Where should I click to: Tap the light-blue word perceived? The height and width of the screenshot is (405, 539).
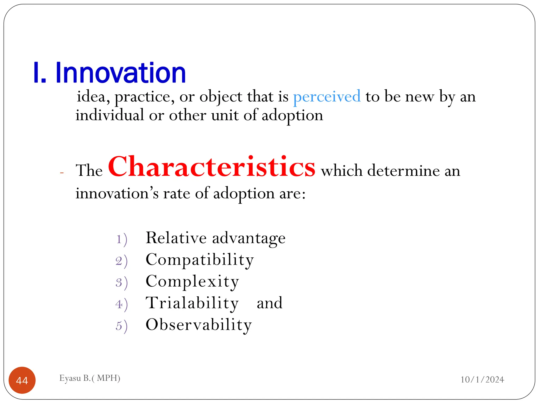pos(327,97)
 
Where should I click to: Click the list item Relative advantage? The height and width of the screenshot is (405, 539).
pos(215,238)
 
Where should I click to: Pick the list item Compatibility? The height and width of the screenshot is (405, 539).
pos(199,260)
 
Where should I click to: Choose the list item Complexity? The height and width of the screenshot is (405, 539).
pos(192,281)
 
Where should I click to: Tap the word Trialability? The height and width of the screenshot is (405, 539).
pos(192,303)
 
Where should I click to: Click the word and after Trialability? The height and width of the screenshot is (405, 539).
pos(269,303)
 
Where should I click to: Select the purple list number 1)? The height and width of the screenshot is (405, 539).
pos(122,239)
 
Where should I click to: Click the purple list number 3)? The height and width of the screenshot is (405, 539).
pos(122,283)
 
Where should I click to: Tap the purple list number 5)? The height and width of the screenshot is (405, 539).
pos(122,326)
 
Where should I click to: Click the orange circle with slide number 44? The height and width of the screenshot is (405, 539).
pos(22,380)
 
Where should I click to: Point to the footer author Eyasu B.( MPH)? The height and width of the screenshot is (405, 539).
pos(90,378)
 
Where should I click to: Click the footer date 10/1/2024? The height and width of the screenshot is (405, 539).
pos(482,380)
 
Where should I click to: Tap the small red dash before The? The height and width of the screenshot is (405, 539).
pos(62,173)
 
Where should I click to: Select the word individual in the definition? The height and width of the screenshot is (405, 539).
pos(110,115)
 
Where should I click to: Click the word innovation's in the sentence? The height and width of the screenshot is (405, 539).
pos(117,193)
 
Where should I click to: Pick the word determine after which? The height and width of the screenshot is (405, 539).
pos(403,171)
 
